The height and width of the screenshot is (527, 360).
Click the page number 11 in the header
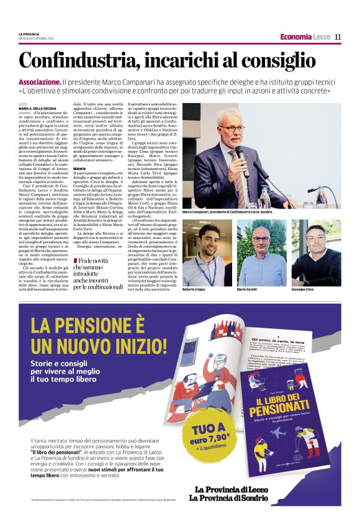(338, 37)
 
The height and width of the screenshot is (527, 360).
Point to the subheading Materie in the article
(79, 168)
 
